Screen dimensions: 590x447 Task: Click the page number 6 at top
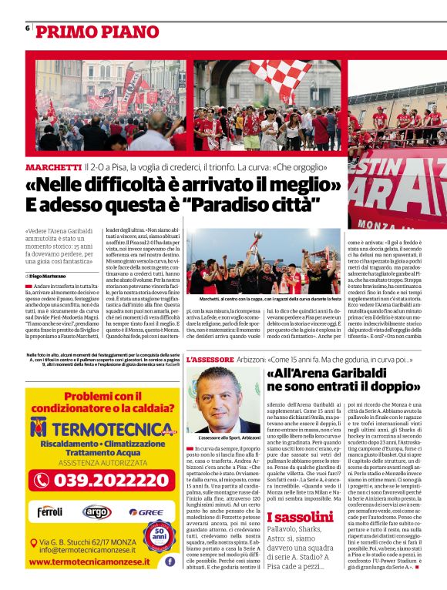pyautogui.click(x=28, y=28)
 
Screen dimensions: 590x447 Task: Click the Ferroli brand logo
pyautogui.click(x=50, y=511)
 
